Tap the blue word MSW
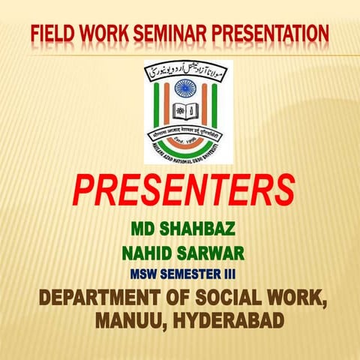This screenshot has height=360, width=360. [143, 271]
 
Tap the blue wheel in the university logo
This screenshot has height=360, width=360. [184, 88]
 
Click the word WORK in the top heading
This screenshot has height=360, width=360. [104, 34]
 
